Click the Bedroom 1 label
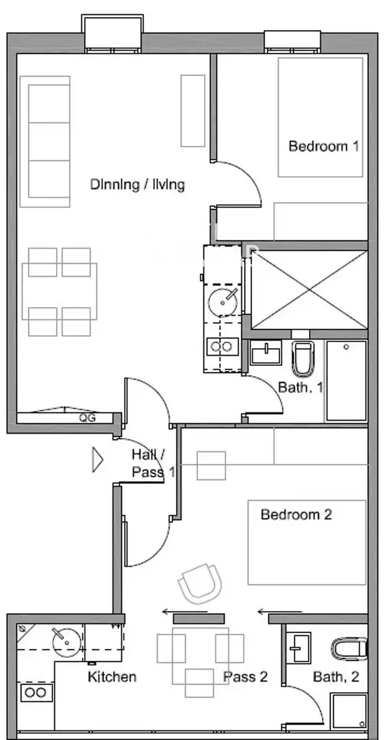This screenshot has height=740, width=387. (x=323, y=146)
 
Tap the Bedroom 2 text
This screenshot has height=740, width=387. (x=297, y=514)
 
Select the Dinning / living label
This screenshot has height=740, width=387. (x=138, y=184)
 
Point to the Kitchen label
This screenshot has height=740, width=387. (x=112, y=677)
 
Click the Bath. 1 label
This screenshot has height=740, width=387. (x=301, y=387)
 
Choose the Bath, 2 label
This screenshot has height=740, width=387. (x=336, y=677)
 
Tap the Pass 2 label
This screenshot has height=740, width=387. (x=245, y=677)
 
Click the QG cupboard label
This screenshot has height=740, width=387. (x=87, y=418)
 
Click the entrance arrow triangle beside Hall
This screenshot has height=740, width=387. (x=98, y=460)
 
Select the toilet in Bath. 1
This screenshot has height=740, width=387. (x=303, y=358)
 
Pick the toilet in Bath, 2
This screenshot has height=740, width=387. (x=349, y=649)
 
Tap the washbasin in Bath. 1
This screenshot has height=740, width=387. (x=266, y=353)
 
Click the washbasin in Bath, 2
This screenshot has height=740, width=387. (x=299, y=647)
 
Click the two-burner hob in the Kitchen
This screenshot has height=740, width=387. (x=36, y=692)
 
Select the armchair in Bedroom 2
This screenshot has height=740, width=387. (x=199, y=584)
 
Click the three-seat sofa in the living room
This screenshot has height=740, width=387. (x=45, y=142)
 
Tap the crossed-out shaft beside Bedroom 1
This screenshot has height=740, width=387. (x=309, y=289)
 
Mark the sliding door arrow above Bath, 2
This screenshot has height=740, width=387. (x=275, y=612)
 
